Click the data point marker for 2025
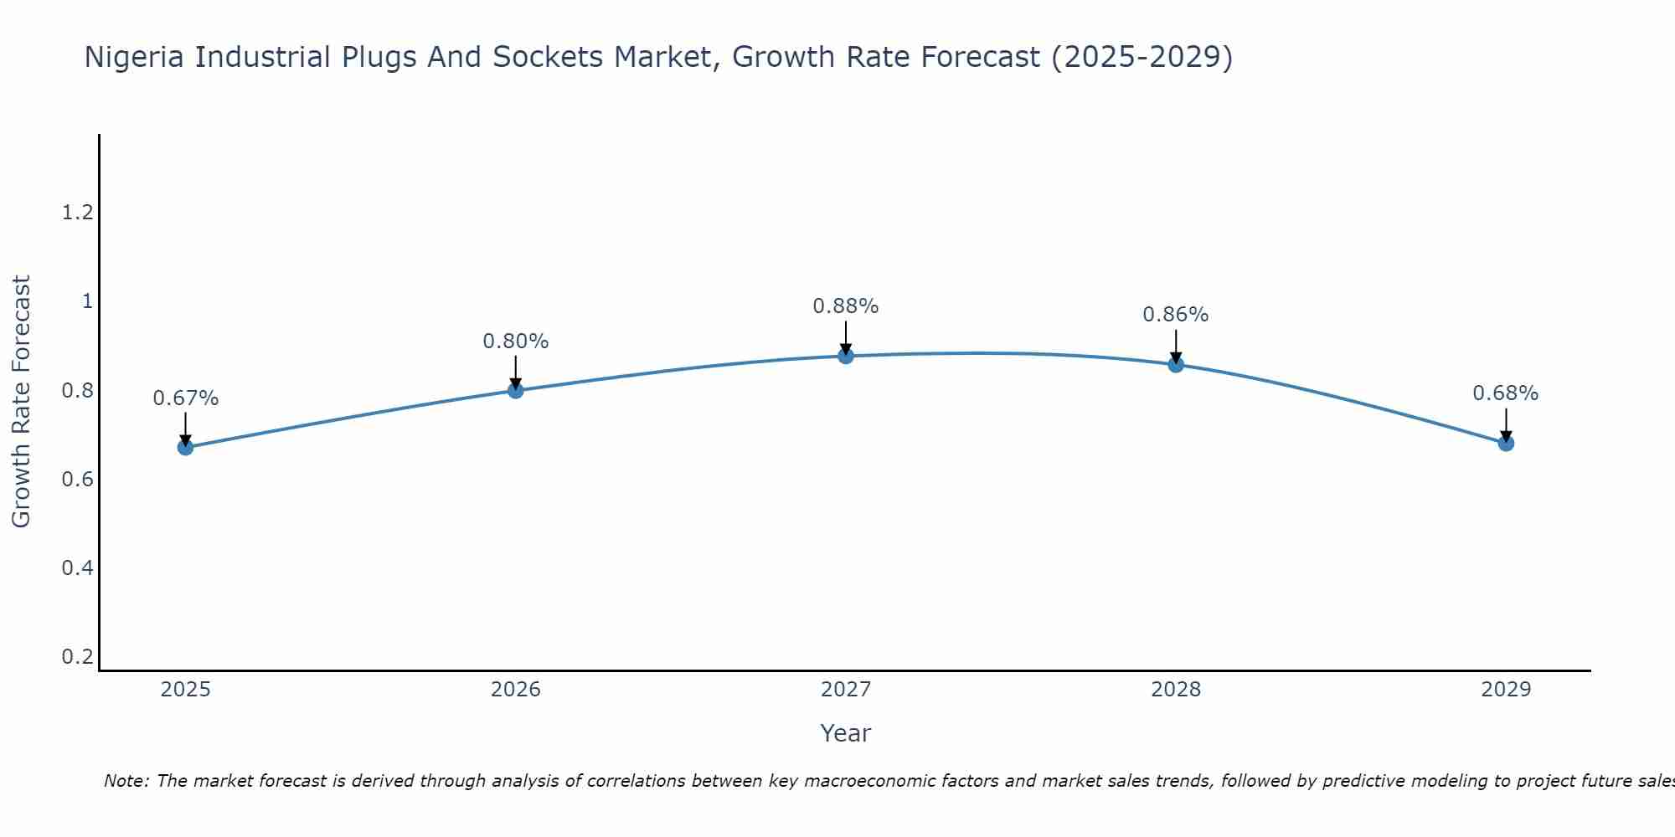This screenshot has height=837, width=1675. click(x=185, y=447)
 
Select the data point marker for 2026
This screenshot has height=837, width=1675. click(x=515, y=390)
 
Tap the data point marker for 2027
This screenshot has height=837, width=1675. click(x=845, y=356)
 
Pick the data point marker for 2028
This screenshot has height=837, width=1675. click(x=1175, y=364)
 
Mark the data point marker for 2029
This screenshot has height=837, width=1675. click(x=1505, y=443)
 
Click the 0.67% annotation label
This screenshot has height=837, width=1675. click(x=185, y=398)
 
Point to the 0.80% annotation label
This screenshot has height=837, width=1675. click(x=515, y=341)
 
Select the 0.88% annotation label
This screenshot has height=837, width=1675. click(x=845, y=306)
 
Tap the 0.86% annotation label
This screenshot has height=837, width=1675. click(x=1175, y=315)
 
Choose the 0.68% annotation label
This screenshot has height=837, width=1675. click(x=1505, y=393)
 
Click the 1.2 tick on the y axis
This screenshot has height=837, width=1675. click(x=77, y=213)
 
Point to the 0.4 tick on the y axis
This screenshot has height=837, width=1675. click(x=77, y=568)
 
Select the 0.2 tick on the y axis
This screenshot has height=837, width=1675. click(x=77, y=657)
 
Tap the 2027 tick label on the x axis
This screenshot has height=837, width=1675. click(x=845, y=690)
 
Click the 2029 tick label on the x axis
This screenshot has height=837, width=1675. click(x=1505, y=690)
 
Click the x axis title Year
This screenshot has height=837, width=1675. click(x=845, y=733)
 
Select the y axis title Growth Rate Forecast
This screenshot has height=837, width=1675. click(x=22, y=402)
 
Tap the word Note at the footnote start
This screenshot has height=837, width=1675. click(x=125, y=781)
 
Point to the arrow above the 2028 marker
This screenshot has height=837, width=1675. click(x=1175, y=345)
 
